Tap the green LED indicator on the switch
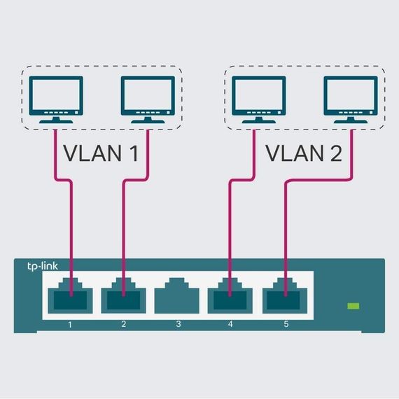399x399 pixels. click(354, 306)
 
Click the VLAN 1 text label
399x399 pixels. click(101, 153)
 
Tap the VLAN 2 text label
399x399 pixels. click(304, 153)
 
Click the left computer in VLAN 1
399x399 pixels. click(55, 97)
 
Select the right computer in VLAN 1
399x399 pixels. click(147, 97)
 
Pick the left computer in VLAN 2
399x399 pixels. click(258, 97)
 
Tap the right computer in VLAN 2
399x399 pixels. click(350, 97)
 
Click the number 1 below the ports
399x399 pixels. click(70, 325)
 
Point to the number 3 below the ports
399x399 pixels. click(178, 325)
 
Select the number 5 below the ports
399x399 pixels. click(285, 325)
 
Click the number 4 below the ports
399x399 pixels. click(231, 325)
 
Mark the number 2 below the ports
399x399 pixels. click(124, 325)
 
